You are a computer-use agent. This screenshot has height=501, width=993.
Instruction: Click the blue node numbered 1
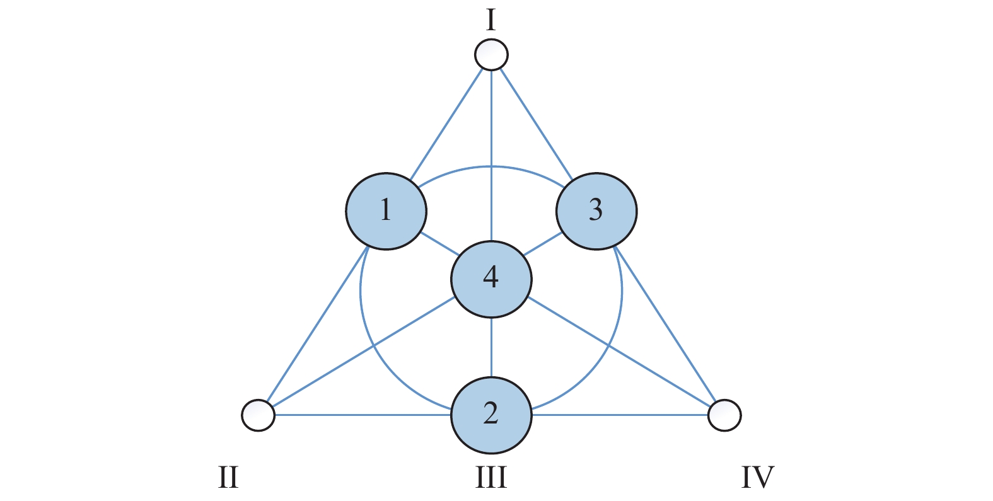pos(386,211)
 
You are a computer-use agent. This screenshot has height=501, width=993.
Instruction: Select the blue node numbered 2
pos(491,415)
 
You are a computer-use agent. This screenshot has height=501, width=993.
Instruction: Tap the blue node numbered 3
pos(596,211)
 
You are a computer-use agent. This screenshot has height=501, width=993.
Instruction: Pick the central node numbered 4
pos(491,279)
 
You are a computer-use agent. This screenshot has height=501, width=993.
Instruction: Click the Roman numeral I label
pos(491,20)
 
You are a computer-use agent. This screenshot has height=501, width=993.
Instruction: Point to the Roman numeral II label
pos(228,477)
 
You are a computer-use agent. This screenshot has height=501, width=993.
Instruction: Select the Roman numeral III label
pos(491,477)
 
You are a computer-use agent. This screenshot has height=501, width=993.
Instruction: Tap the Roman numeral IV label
pos(758,477)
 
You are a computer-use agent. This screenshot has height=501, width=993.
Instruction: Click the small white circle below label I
pos(491,54)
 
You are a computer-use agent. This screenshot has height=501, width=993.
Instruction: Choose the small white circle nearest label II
pos(258,415)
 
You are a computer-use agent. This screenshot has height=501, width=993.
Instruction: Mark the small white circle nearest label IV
pos(724,415)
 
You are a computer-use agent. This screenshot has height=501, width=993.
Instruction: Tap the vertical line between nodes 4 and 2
pos(491,347)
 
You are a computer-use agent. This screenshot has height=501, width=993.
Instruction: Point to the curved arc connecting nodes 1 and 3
pos(491,166)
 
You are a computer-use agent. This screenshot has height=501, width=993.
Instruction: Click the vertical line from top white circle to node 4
pos(491,156)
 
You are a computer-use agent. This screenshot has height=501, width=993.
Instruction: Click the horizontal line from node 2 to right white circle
pos(620,415)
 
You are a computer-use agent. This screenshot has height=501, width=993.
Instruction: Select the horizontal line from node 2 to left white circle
pos(363,415)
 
